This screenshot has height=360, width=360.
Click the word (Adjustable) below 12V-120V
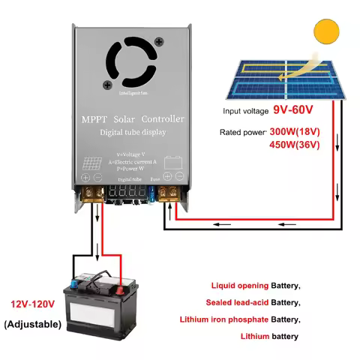[34, 324]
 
